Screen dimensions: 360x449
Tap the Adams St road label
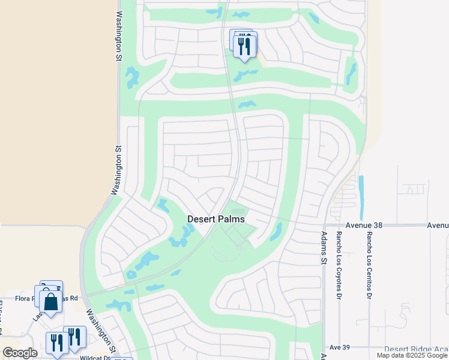pyautogui.click(x=324, y=248)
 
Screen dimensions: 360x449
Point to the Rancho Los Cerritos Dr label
pyautogui.click(x=367, y=261)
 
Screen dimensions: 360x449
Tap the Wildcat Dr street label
pyautogui.click(x=95, y=358)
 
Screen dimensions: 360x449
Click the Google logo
pyautogui.click(x=20, y=353)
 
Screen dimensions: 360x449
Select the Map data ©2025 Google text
pyautogui.click(x=412, y=355)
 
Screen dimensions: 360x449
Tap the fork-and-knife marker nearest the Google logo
pyautogui.click(x=57, y=343)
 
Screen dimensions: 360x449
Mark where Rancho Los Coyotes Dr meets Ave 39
pyautogui.click(x=339, y=347)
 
